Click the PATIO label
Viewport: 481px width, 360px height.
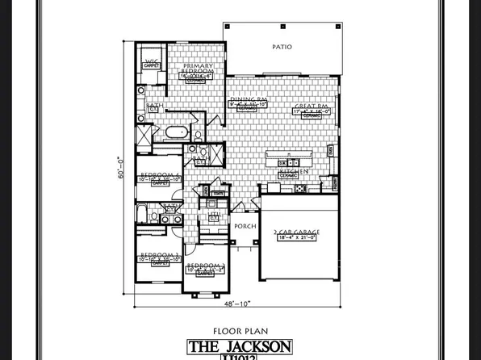(281, 48)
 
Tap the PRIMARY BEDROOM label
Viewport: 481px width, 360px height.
(198, 69)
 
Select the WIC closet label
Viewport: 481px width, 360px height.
(151, 61)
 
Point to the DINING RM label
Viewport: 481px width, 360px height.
(248, 99)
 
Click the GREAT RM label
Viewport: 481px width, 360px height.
(311, 106)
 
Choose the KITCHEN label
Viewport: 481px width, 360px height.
(289, 172)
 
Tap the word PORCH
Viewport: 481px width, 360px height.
(245, 227)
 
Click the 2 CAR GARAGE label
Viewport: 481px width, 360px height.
(296, 232)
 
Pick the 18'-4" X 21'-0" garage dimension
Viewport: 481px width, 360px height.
(296, 239)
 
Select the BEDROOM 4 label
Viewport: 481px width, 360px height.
(159, 175)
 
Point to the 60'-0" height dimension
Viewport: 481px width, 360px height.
(121, 171)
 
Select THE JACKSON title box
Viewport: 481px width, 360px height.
(240, 346)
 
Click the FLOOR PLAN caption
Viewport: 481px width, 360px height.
(240, 330)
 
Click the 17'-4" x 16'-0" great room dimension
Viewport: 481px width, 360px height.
(311, 111)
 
